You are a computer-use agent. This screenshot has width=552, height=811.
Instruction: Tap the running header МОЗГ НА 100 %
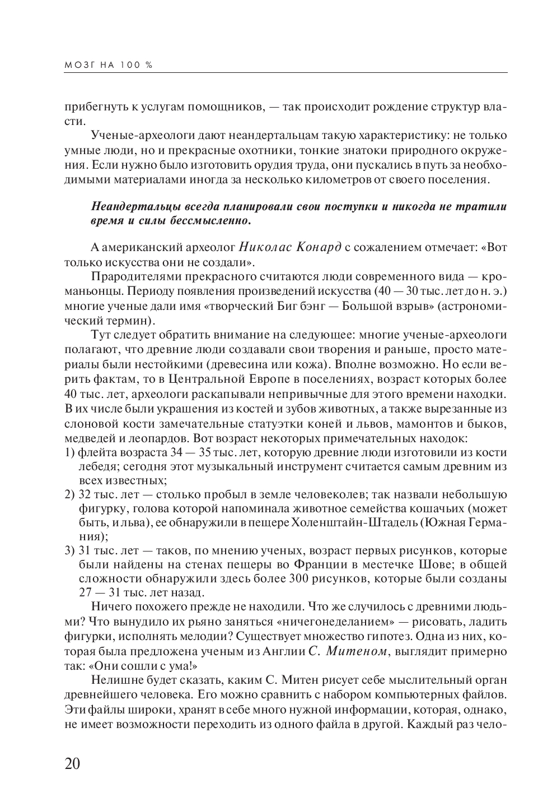108,64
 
